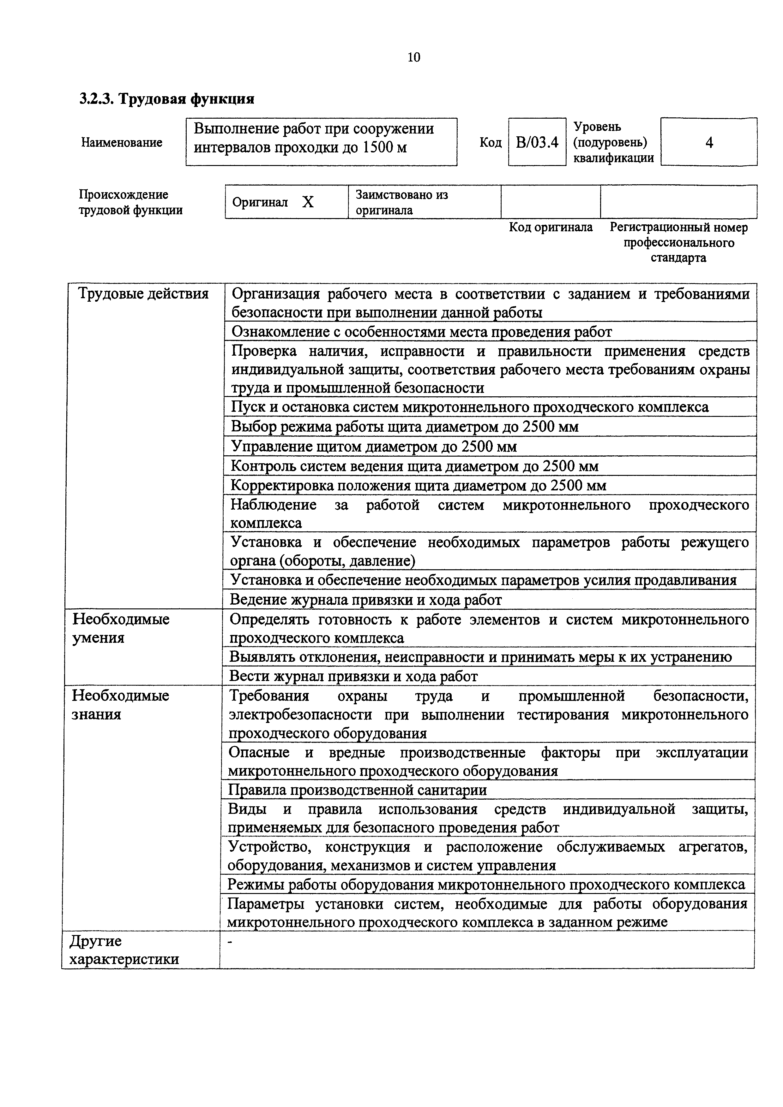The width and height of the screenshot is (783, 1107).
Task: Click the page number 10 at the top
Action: click(413, 57)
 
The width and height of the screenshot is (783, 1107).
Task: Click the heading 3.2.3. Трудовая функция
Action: click(166, 99)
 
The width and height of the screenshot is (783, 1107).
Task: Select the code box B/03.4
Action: click(537, 143)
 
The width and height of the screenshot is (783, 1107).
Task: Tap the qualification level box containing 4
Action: click(709, 142)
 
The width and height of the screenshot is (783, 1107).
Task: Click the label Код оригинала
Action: click(551, 227)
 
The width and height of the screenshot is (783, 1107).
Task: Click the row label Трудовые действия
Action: click(143, 293)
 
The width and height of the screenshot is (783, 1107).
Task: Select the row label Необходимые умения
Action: click(121, 628)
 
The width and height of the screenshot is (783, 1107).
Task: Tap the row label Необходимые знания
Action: click(121, 704)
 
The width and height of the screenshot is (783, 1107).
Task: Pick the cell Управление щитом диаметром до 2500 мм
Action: click(374, 447)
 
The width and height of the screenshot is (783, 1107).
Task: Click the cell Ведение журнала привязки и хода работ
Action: click(366, 600)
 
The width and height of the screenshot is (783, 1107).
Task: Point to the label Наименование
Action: click(122, 143)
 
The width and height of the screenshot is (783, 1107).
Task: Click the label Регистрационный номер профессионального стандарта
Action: click(678, 242)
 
